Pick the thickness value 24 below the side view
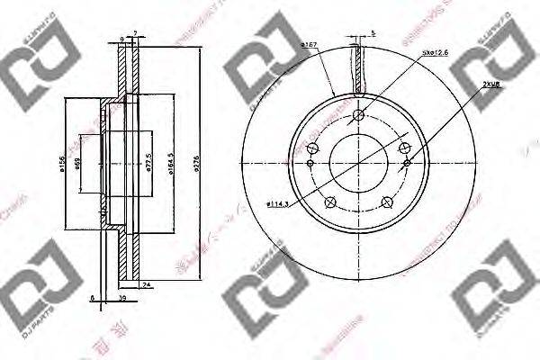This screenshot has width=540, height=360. (x=146, y=286)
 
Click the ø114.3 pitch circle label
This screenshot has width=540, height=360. (x=278, y=204)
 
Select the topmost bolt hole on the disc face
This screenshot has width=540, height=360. (x=358, y=114)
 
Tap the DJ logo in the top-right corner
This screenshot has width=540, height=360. (x=497, y=60)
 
